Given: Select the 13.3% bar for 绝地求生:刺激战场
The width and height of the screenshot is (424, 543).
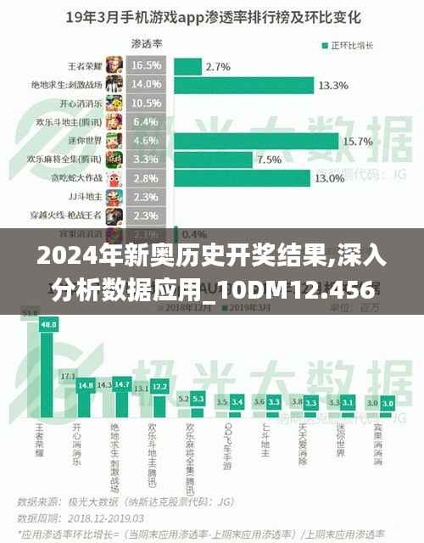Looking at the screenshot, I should point(245,85).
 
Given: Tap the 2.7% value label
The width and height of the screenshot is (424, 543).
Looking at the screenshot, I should point(218,66).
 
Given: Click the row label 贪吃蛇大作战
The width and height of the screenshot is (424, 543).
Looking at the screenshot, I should point(75,177).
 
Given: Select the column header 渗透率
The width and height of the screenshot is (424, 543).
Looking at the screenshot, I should point(147,42).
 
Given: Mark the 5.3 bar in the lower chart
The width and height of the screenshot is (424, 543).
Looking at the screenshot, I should point(198,403).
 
